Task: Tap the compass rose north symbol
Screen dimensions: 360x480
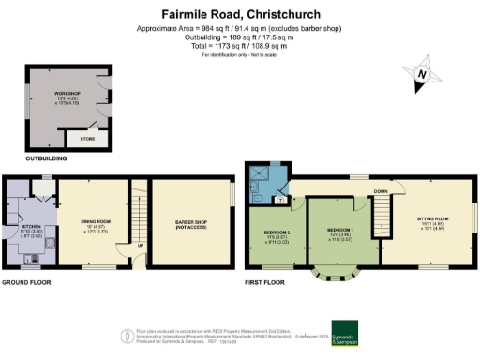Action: (423, 74)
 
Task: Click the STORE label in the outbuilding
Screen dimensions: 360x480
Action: (87, 138)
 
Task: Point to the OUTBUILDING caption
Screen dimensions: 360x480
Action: (24, 158)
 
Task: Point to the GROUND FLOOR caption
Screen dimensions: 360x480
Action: (25, 281)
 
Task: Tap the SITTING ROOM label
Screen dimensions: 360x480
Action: (433, 218)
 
